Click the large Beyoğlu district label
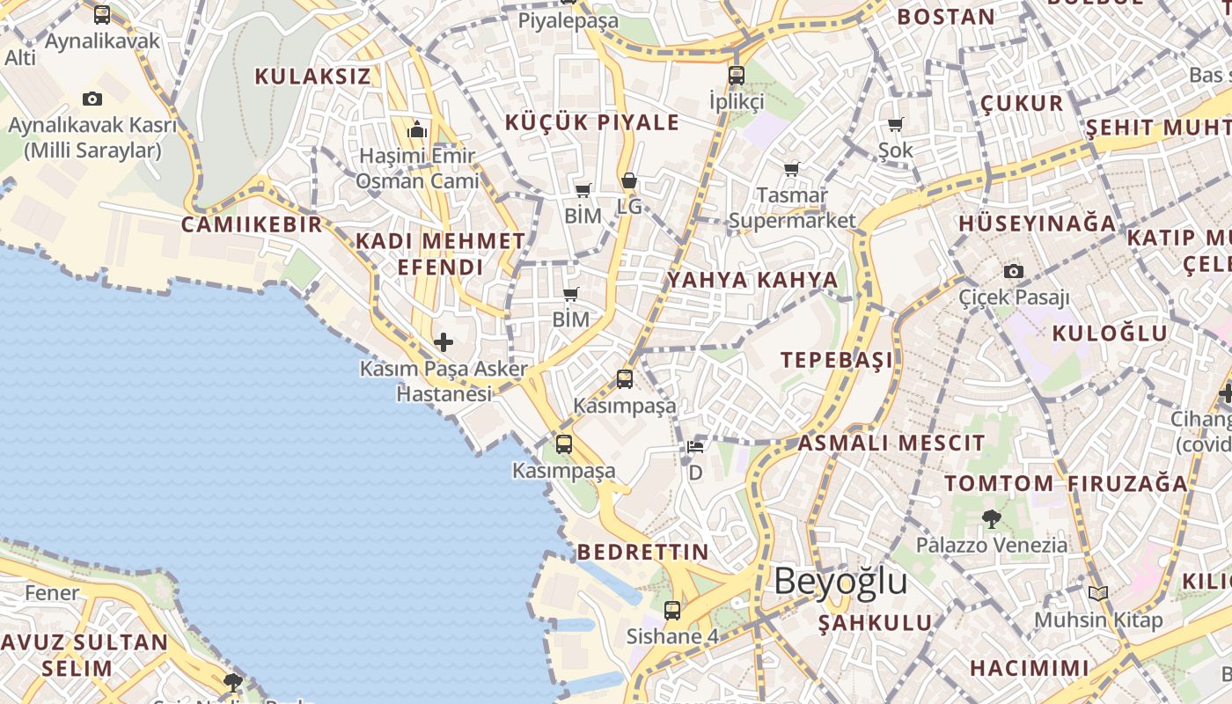tap(840, 582)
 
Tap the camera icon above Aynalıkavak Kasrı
tap(92, 99)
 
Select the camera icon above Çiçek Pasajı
tap(1014, 271)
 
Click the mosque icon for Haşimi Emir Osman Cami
tap(417, 131)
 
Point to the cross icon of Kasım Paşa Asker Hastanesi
tap(444, 341)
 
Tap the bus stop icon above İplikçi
tap(737, 75)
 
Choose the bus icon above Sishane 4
tap(672, 610)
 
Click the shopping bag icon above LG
tap(629, 181)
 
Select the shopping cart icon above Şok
tap(896, 124)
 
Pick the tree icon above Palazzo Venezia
tap(992, 518)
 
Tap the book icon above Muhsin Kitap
tap(1097, 594)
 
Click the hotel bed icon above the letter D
tap(695, 447)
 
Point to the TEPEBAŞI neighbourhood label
tap(837, 360)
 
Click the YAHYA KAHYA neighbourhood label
tap(752, 281)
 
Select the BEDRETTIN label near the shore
tap(642, 553)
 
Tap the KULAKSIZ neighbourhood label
tap(312, 77)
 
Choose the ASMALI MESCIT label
tap(891, 443)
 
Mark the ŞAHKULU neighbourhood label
tap(876, 624)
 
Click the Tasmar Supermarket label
tap(792, 208)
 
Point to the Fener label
tap(52, 593)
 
